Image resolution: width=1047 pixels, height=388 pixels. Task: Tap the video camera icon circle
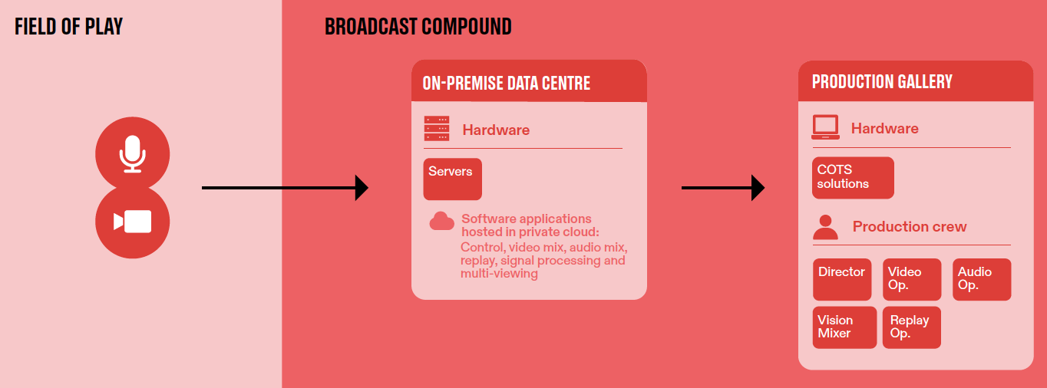coord(132,222)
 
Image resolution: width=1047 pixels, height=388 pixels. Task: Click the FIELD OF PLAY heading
coord(69,27)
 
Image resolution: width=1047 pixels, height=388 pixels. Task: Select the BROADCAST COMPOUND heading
coord(418,27)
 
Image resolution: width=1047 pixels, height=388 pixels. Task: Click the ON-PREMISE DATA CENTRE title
coord(506,83)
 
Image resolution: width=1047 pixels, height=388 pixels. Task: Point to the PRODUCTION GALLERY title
coord(882,82)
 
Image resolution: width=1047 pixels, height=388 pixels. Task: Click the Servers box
coord(452,179)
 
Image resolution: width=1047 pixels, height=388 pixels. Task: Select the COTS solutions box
coord(853,177)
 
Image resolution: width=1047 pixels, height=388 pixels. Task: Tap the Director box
coord(842,279)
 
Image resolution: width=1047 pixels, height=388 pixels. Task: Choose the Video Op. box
coord(912,279)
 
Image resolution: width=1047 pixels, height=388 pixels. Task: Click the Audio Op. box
coord(982,279)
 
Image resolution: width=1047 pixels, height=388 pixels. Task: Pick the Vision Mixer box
coord(844,327)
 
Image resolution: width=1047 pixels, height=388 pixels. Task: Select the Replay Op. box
coord(912,327)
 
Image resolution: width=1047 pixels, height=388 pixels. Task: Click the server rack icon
coord(437,128)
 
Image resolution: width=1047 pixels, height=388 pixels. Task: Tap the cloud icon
coord(441,221)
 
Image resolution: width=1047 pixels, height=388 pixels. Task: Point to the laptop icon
coord(825,127)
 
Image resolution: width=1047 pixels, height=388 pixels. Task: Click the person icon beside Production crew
coord(825,227)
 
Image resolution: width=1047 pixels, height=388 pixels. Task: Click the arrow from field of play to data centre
coord(285,188)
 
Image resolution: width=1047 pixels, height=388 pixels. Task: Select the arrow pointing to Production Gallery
coord(723,188)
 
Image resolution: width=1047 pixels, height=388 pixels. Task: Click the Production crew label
coord(910,226)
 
